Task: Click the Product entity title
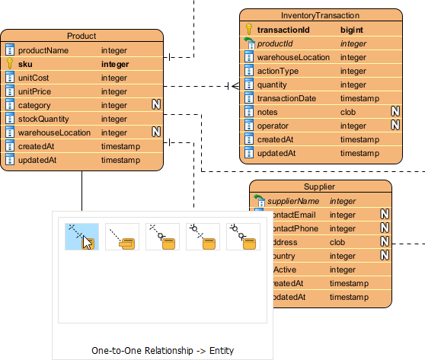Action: (81, 36)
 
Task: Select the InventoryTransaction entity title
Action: (320, 15)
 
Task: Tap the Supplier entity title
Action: (320, 186)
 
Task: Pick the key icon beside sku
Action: (10, 64)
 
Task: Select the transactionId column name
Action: (283, 30)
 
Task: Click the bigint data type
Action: (351, 30)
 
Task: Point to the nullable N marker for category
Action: (155, 105)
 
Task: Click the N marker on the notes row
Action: (395, 112)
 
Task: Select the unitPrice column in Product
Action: (35, 91)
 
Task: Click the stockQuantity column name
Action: (44, 119)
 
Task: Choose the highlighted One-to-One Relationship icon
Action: (81, 237)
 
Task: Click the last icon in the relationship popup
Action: (244, 237)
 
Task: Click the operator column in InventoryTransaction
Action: (273, 126)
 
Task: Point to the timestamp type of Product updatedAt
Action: (120, 160)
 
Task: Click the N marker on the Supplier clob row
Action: (385, 242)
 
